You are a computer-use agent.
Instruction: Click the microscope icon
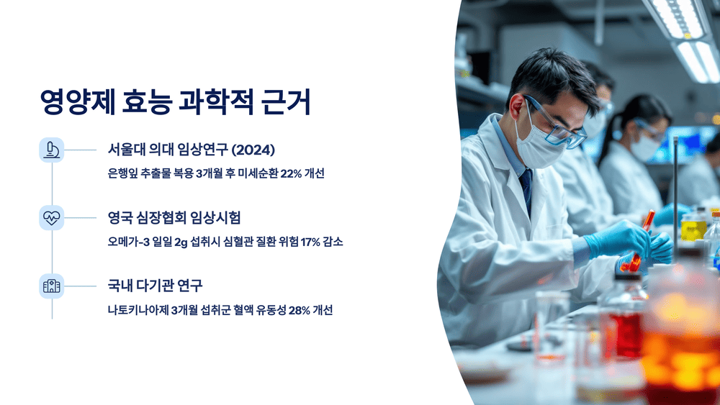[x=52, y=150]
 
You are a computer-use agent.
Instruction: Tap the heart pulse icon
[x=52, y=218]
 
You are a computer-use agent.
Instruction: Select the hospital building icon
[x=52, y=286]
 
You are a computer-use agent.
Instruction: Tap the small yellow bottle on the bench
[x=693, y=228]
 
